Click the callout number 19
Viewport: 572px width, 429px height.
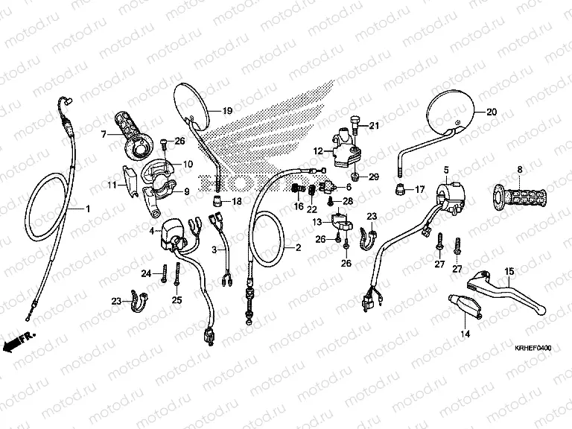tap(227, 111)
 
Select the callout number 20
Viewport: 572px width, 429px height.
tap(491, 112)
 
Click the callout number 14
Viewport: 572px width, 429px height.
tap(465, 334)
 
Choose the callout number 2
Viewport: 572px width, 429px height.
tap(298, 247)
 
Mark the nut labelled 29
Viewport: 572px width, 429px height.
tap(357, 177)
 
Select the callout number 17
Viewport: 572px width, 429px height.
tap(420, 189)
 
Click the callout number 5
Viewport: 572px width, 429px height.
tap(445, 171)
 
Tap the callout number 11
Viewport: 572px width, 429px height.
tap(111, 184)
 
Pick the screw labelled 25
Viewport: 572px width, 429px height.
tap(177, 282)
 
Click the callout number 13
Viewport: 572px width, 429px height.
tap(317, 222)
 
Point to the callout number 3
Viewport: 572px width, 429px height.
tap(214, 249)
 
